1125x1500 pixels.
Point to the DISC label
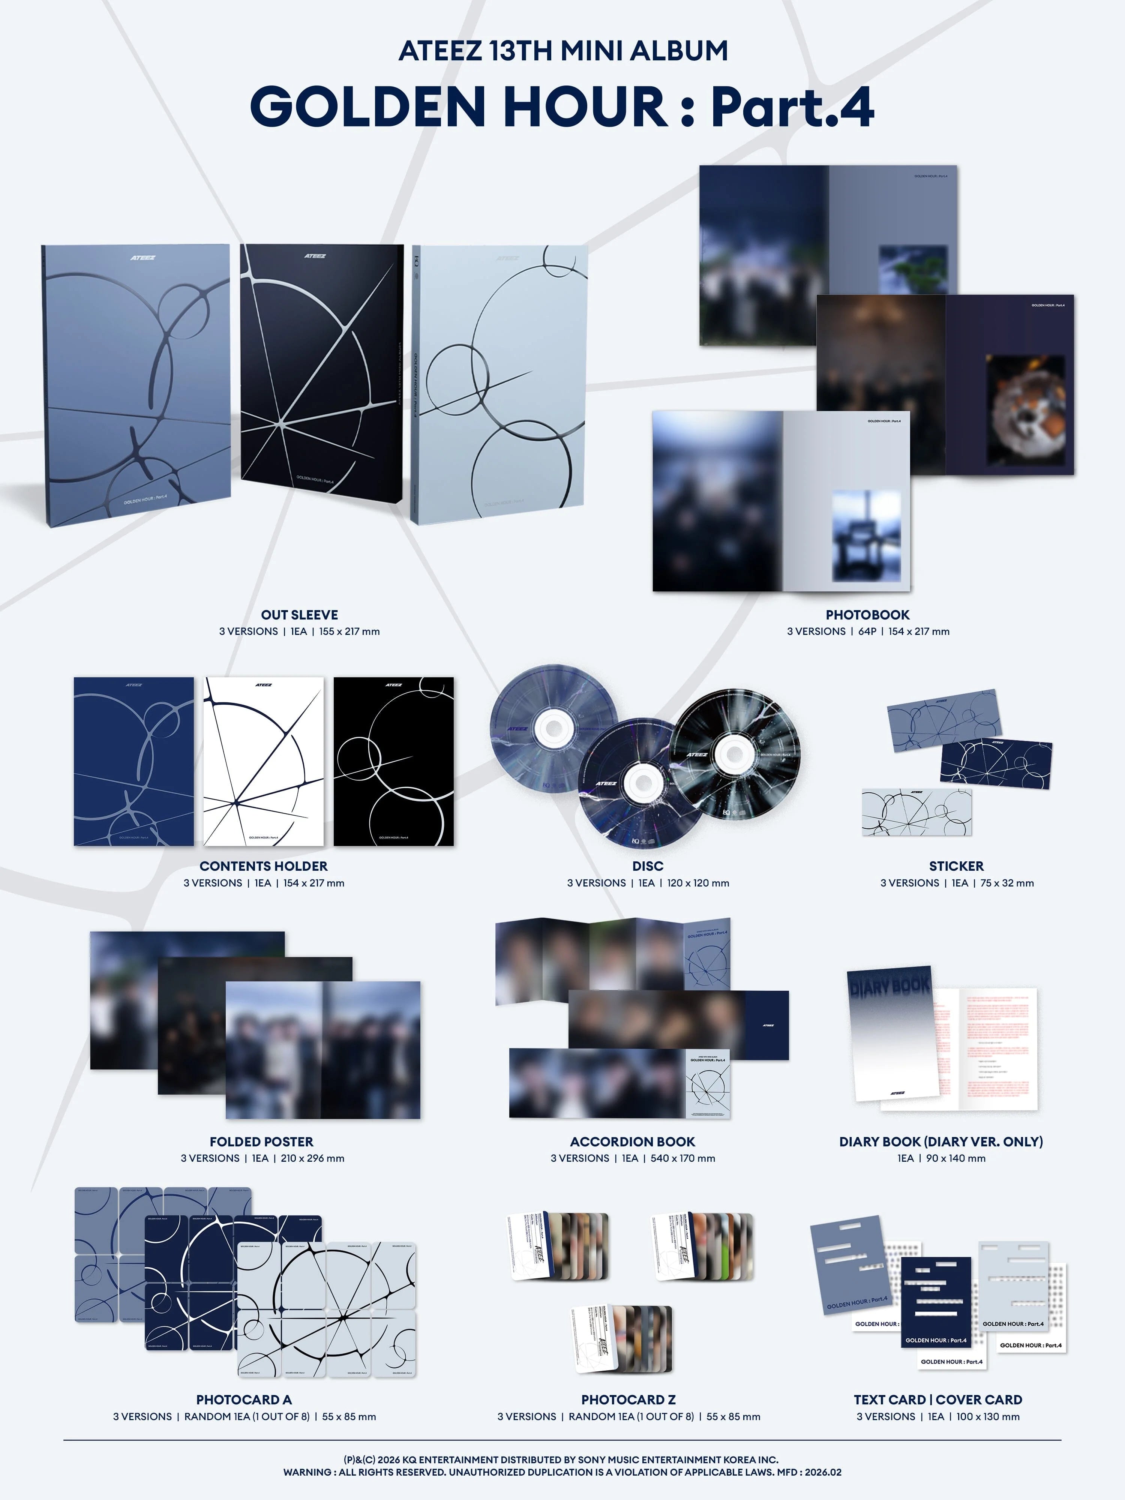pyautogui.click(x=648, y=866)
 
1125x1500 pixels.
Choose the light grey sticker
pyautogui.click(x=916, y=812)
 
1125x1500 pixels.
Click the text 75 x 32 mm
pyautogui.click(x=1007, y=883)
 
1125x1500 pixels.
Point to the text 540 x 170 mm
pyautogui.click(x=683, y=1158)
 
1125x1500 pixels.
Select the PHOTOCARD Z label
pyautogui.click(x=628, y=1399)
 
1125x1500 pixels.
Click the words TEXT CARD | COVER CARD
pyautogui.click(x=938, y=1399)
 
